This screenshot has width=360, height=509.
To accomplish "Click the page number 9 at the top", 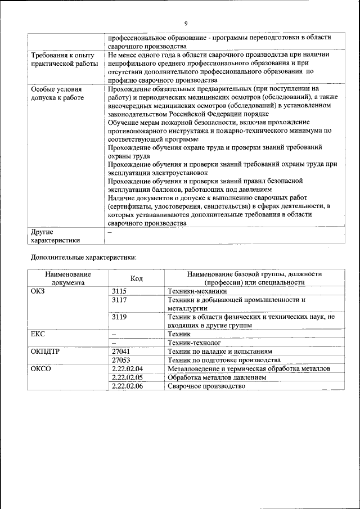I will [x=185, y=23].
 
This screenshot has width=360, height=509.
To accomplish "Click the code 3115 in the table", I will [x=120, y=291].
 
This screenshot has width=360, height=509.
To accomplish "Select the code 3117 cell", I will [x=120, y=300].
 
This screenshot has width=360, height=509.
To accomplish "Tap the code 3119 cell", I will [x=120, y=317].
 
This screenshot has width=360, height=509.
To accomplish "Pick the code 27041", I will [x=121, y=351].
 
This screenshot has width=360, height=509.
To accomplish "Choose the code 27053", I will [x=121, y=360].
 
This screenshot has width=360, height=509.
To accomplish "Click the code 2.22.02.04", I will [x=128, y=369].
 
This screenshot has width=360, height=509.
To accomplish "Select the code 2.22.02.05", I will [x=128, y=377].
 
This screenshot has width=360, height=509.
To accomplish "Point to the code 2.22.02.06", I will [x=128, y=386].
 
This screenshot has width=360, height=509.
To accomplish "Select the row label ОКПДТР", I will [x=44, y=351].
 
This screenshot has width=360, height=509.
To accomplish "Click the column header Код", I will [x=137, y=278].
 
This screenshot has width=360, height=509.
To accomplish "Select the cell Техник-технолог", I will [x=194, y=343].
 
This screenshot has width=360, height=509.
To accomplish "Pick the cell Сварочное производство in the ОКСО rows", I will [x=206, y=386].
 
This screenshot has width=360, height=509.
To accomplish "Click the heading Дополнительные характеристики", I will [x=82, y=257].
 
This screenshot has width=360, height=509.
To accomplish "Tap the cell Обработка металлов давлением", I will [x=217, y=377].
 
